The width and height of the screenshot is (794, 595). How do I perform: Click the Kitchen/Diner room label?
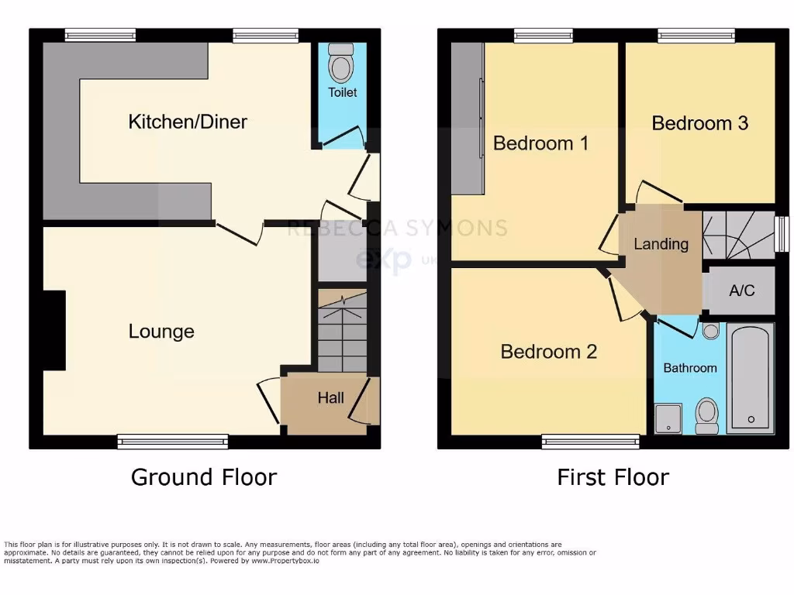tap(188, 122)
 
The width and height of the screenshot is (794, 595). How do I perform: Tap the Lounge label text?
tap(161, 332)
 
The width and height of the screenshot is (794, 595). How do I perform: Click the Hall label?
tap(330, 398)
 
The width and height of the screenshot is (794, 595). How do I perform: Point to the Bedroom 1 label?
tap(540, 143)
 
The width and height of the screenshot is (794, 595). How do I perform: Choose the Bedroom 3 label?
tap(699, 123)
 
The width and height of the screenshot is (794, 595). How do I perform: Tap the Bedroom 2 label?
tap(548, 352)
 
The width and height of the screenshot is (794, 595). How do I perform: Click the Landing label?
tap(661, 244)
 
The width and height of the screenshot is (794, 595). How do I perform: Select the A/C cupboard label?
tap(741, 291)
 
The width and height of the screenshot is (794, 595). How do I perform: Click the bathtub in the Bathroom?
tap(751, 377)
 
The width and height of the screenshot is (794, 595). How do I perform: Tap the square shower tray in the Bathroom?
tap(668, 418)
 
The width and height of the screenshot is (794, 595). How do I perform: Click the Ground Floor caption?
tap(203, 476)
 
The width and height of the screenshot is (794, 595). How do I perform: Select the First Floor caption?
tap(613, 476)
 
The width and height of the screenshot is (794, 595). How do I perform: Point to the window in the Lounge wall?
tap(173, 442)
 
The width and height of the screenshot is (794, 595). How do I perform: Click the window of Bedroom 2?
tap(591, 442)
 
